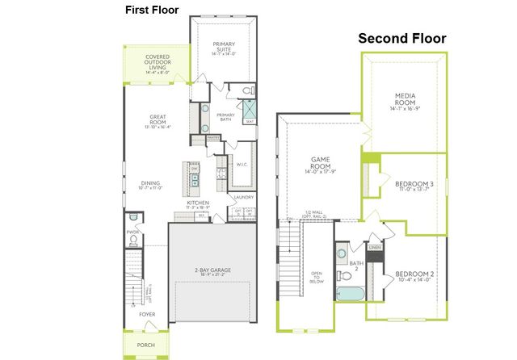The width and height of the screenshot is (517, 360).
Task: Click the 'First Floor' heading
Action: (152, 10)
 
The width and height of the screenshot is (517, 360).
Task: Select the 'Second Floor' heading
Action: (402, 38)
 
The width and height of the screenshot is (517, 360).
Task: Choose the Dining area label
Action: (151, 185)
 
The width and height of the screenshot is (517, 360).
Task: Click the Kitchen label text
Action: (198, 205)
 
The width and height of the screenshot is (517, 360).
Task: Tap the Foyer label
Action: (146, 314)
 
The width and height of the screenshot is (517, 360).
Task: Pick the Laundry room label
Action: (244, 197)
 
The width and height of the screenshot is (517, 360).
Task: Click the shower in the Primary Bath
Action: (250, 110)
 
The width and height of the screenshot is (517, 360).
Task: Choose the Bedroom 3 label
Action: (414, 186)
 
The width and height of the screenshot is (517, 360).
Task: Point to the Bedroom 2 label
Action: (414, 277)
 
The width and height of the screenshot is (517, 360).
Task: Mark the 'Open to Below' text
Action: (317, 278)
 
